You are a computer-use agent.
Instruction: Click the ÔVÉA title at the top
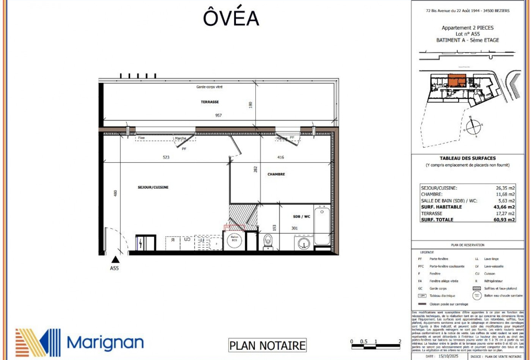(x=231, y=18)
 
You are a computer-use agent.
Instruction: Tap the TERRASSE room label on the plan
(x=210, y=102)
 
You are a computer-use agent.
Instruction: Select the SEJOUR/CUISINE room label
(x=153, y=187)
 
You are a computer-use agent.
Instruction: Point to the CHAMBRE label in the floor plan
(x=276, y=174)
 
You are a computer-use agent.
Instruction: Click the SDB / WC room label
(x=301, y=216)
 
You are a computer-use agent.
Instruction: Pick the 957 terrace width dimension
(x=218, y=116)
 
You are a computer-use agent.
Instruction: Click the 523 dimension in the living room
(x=166, y=157)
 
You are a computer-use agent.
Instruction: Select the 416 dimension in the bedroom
(x=280, y=157)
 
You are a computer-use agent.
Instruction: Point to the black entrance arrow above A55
(x=115, y=260)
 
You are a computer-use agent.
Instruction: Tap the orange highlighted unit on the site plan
(x=456, y=81)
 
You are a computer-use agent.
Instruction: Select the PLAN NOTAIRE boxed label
(x=267, y=346)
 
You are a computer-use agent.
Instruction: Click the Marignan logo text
(x=105, y=343)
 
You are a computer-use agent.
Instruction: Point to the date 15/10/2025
(x=449, y=357)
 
